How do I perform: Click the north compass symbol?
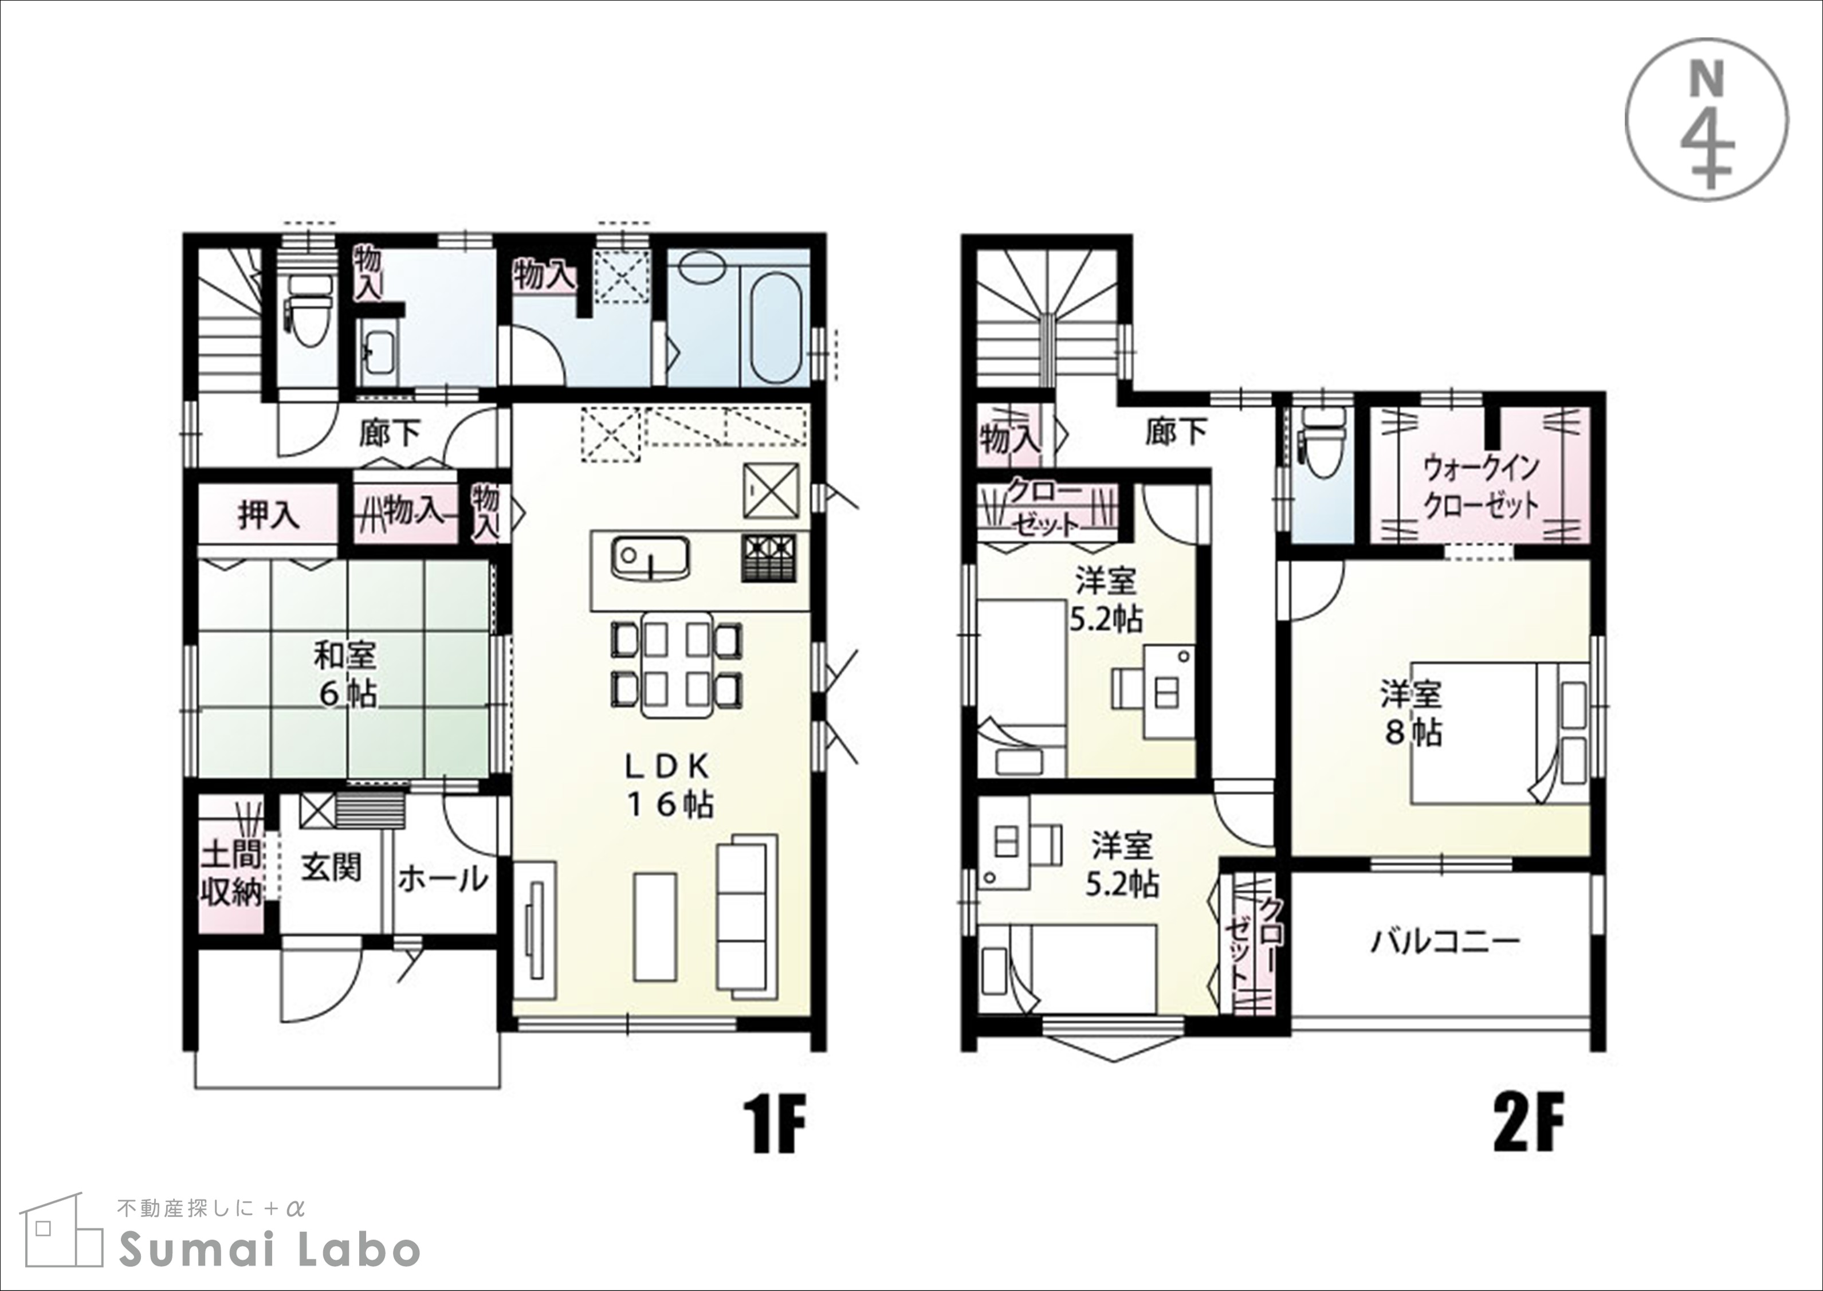[x=1707, y=119]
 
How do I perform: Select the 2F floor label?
[x=1528, y=1124]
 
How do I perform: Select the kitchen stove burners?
[x=768, y=559]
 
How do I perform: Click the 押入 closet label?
[x=269, y=515]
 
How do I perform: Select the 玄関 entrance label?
[x=331, y=868]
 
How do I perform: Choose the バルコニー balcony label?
[x=1445, y=942]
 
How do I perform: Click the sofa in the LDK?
[x=747, y=913]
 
